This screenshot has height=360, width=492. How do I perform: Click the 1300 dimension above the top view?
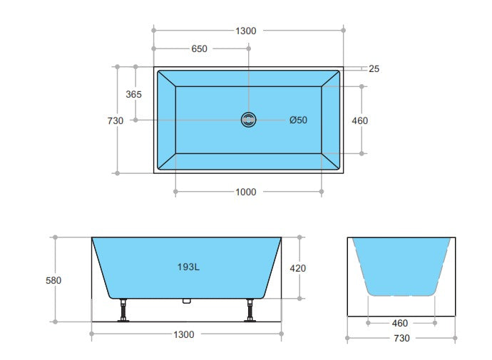point(245,31)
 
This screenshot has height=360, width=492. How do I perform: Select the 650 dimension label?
point(200,49)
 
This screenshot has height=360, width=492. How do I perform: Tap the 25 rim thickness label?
point(374,69)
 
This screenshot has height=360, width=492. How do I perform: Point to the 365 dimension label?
point(133,94)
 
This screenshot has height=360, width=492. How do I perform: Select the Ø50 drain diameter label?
point(298,120)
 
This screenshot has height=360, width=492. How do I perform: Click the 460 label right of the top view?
point(360,120)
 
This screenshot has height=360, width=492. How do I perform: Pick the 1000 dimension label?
point(245,192)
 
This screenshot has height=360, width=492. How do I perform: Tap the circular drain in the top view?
point(249,120)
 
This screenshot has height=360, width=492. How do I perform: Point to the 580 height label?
point(53,280)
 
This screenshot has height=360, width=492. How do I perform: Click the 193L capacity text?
point(188,267)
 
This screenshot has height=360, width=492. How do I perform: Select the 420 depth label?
point(299,268)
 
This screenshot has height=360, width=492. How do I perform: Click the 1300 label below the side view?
point(188,334)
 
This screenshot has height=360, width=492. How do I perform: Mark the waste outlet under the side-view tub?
point(188,301)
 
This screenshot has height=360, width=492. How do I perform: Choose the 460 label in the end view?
point(399,323)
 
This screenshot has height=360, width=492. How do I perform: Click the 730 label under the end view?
point(399,338)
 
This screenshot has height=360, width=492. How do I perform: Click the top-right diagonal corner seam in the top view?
point(332,78)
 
